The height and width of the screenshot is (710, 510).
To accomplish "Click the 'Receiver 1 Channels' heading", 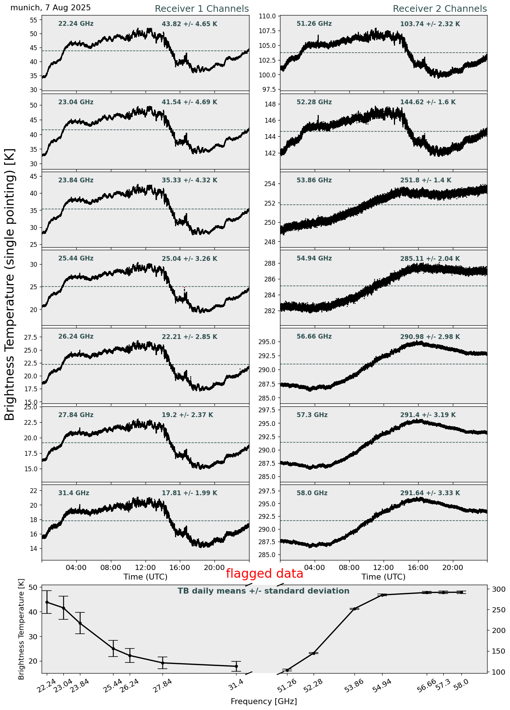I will coord(202,9).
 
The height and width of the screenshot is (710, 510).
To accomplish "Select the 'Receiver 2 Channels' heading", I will coord(440,9).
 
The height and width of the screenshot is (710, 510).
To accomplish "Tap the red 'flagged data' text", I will coord(264,574).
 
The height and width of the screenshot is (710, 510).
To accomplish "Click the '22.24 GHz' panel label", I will coord(76,24).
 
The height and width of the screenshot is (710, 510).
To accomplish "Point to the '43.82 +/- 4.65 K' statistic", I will coord(189,24).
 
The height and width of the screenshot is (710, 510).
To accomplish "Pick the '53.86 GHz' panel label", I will coord(314,181).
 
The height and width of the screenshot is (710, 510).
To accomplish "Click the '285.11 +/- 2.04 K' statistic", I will coord(430,259).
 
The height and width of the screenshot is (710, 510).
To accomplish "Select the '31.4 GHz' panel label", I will coord(74,493).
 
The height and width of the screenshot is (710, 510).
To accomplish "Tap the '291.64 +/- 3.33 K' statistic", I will coord(430,493).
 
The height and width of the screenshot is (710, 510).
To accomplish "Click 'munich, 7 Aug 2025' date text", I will coord(50,8).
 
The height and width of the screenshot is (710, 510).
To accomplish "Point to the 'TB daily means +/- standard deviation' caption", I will coord(263,591).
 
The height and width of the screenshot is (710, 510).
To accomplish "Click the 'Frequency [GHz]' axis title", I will coord(263,701).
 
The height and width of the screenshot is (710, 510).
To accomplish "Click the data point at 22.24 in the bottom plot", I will coord(47,602).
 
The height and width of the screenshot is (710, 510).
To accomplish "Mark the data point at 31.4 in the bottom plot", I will coord(236,666).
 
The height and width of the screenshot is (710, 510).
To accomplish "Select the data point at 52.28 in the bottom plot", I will coord(314,653).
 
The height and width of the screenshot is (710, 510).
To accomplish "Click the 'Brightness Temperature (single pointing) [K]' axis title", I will coord(10,284).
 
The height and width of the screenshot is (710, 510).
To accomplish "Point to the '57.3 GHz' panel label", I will coord(312,415).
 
